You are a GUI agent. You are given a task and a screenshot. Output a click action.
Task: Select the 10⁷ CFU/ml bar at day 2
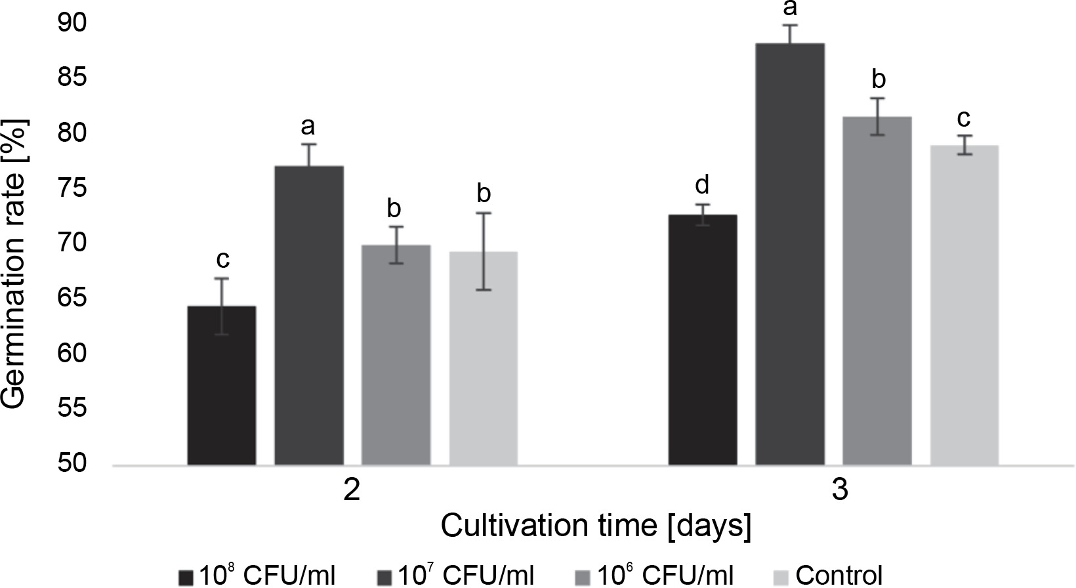click(x=309, y=316)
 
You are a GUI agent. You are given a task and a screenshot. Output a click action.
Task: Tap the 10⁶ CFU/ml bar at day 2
click(x=396, y=355)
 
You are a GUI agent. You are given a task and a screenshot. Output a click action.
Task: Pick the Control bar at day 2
click(x=484, y=358)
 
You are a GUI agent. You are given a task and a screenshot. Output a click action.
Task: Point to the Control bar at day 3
click(x=964, y=305)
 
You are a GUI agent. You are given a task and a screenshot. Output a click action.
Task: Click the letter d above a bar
click(x=703, y=186)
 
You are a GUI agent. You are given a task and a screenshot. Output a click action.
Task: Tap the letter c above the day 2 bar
click(x=222, y=260)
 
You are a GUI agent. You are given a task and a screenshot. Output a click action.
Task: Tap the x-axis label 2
click(x=352, y=491)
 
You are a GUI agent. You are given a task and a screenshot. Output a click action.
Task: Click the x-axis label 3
click(x=840, y=491)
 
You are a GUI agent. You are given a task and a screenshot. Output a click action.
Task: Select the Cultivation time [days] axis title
click(x=596, y=527)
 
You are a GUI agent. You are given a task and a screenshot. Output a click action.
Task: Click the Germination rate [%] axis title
click(x=16, y=262)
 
